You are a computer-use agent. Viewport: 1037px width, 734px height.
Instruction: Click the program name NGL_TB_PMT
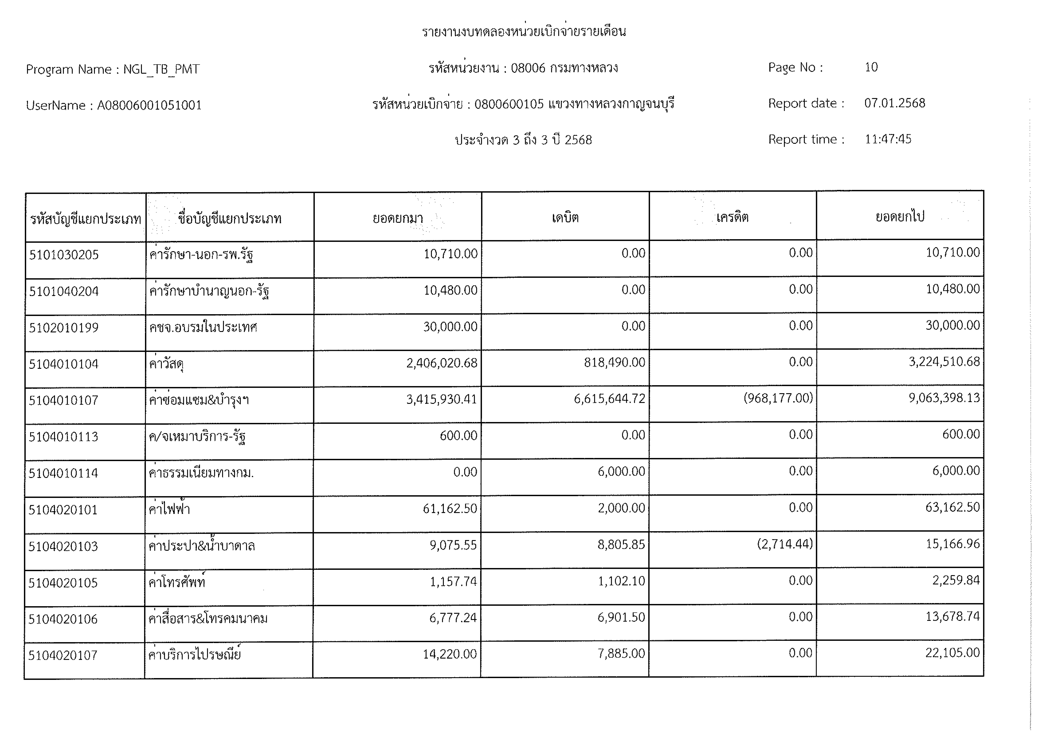pyautogui.click(x=161, y=70)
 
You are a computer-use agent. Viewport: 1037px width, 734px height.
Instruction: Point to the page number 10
pyautogui.click(x=871, y=67)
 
